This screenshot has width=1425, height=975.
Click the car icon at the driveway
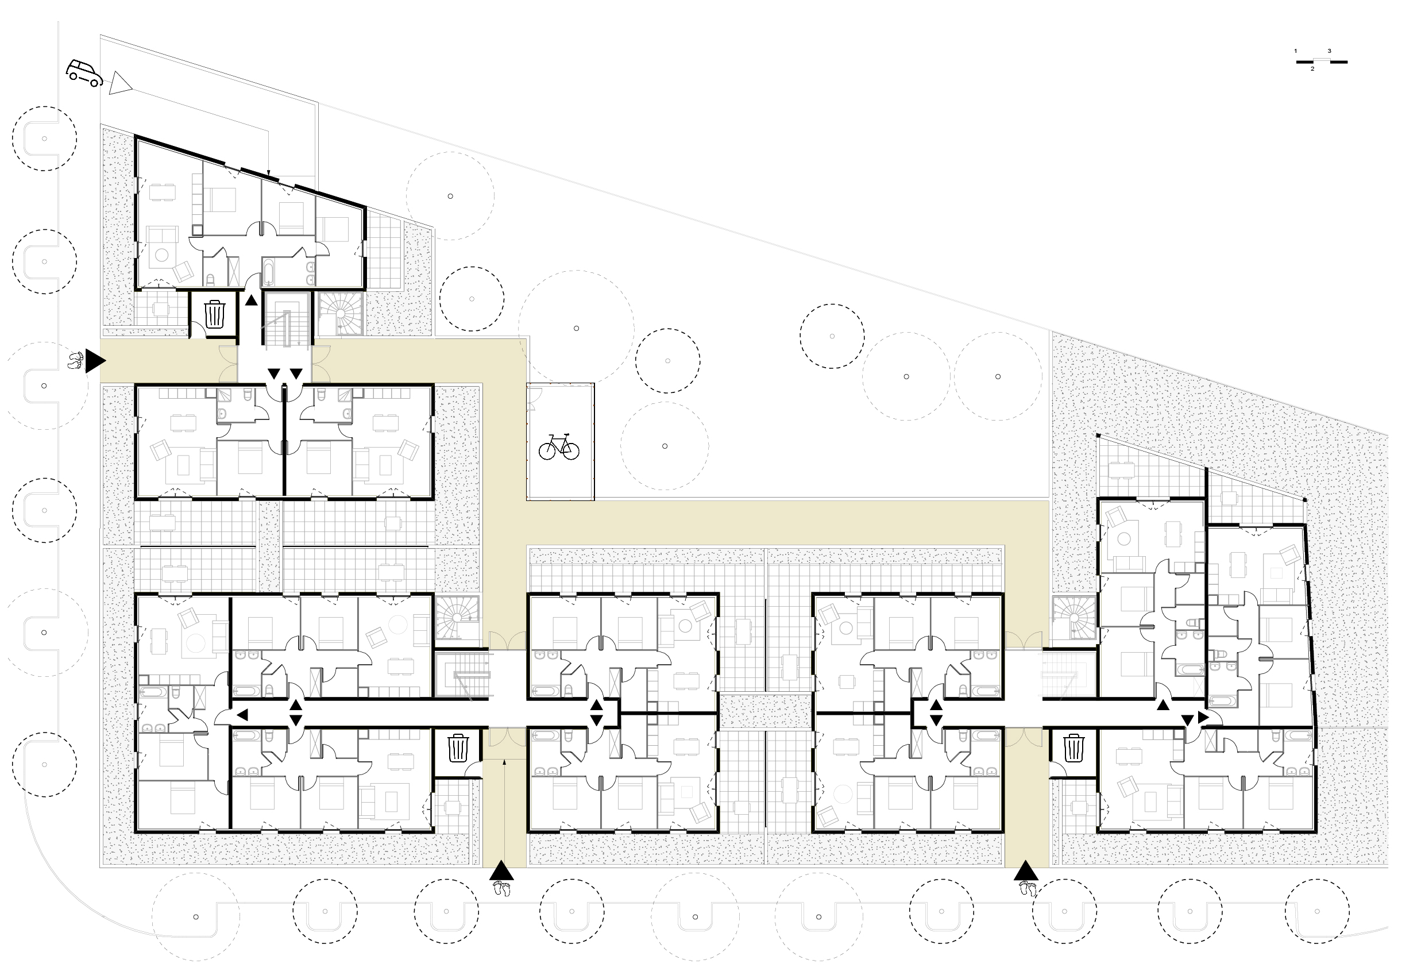coord(84,73)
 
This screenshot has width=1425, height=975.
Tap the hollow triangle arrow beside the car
coord(119,83)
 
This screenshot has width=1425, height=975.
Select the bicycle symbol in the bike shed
coord(559,446)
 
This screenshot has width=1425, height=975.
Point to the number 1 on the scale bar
coord(1296,51)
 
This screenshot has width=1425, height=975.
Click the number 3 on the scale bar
coord(1329,51)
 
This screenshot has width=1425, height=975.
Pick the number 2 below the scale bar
coord(1312,69)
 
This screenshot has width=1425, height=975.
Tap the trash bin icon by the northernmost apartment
coord(214,314)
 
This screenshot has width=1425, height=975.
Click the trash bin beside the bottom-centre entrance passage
coord(459,748)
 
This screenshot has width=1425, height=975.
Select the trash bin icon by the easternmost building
coord(1073,748)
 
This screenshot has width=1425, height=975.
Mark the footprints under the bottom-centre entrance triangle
coord(501,889)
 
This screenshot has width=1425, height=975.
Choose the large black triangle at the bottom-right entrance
coord(1026,871)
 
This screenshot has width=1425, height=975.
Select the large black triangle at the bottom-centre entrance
coord(501,871)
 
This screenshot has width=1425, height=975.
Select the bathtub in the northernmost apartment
coord(268,273)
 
